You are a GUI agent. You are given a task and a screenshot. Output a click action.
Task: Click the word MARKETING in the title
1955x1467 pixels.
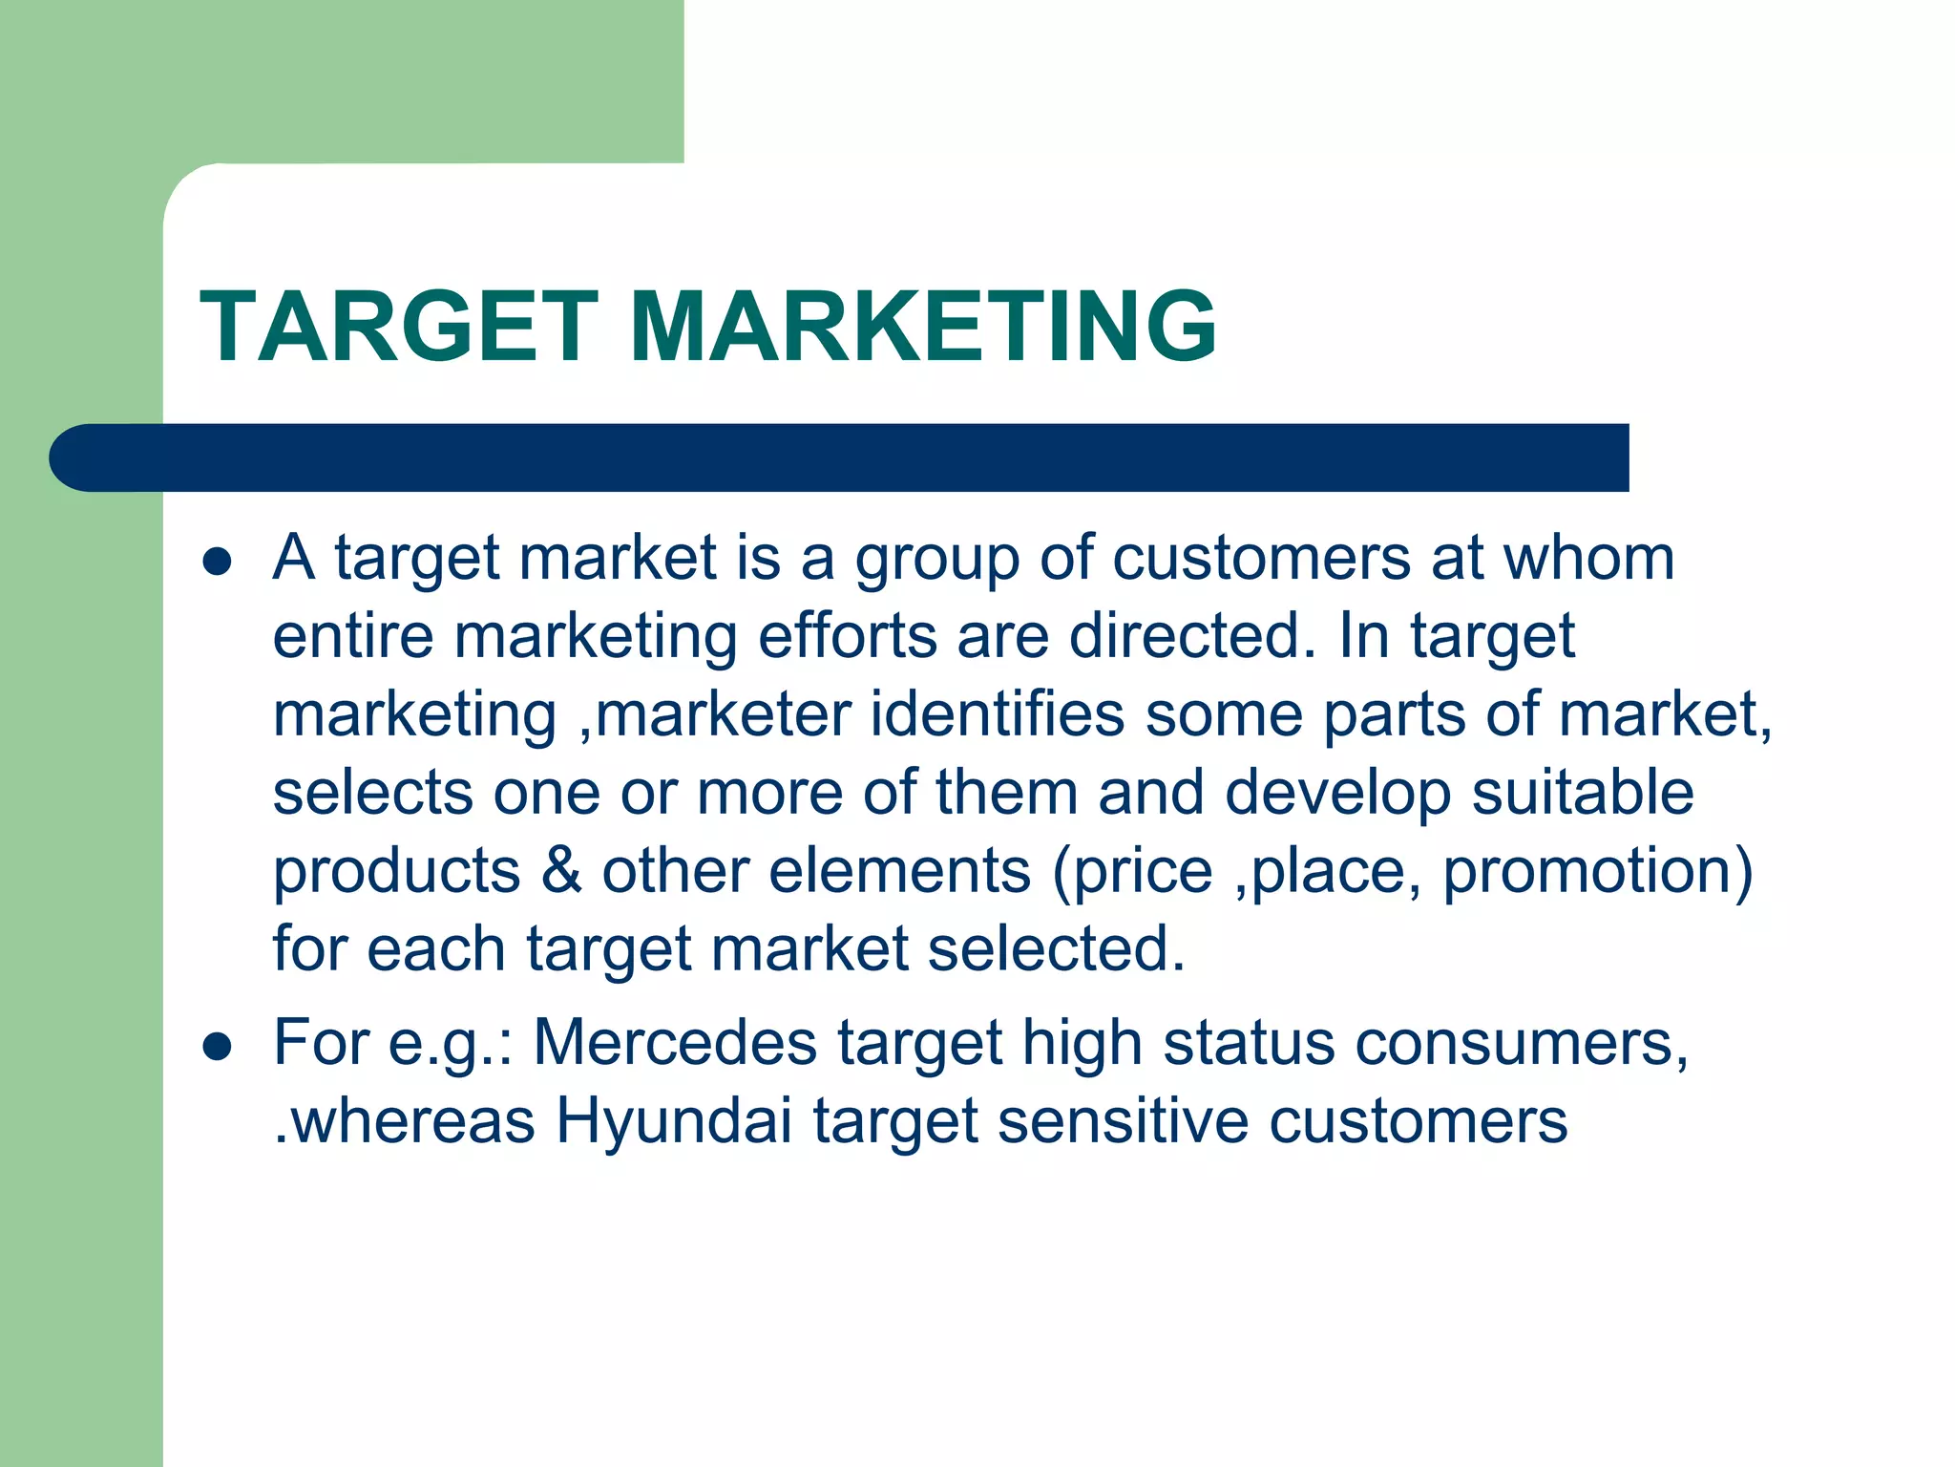[922, 328]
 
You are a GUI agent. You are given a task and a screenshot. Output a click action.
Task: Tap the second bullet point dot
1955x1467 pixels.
[218, 1046]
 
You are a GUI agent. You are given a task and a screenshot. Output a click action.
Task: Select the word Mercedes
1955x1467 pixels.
[674, 1042]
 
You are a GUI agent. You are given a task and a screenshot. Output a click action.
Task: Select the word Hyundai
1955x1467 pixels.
[674, 1120]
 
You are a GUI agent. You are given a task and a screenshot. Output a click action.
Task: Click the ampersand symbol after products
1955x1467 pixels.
[561, 871]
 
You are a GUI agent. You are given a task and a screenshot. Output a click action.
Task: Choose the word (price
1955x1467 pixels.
[1132, 871]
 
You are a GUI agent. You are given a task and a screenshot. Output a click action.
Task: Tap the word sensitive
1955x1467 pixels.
[1123, 1120]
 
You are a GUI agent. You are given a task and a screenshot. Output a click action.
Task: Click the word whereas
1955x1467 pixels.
[412, 1120]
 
